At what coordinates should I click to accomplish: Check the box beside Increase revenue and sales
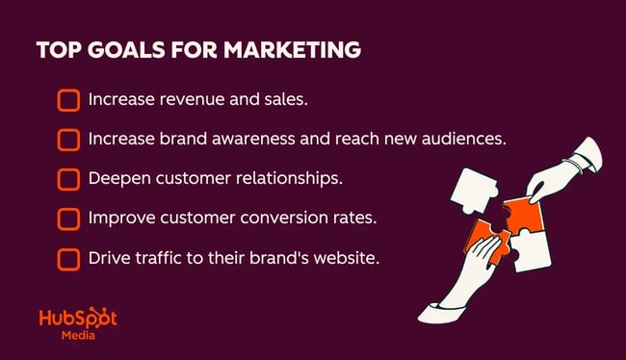68,100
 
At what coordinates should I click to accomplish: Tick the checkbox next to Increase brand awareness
68,140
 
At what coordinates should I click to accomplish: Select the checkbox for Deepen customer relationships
68,179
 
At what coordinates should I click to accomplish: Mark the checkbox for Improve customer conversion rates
68,219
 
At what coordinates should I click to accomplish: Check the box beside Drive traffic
68,259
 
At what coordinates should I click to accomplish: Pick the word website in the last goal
336,258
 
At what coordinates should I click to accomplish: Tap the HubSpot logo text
77,320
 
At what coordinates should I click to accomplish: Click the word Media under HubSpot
77,337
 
